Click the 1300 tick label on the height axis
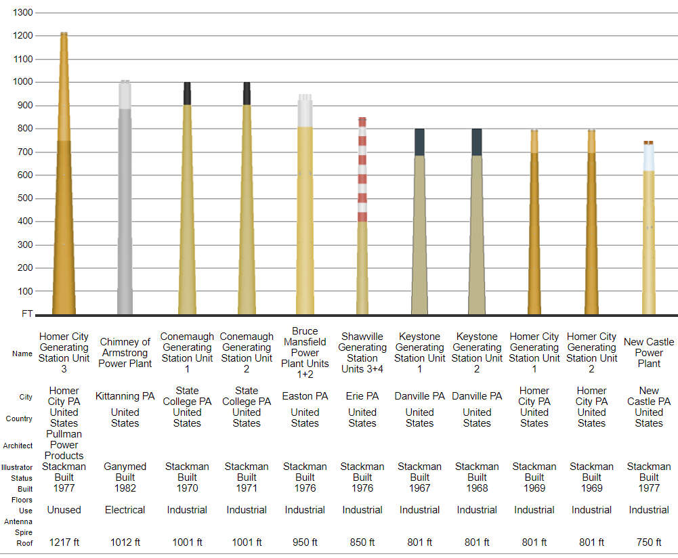pyautogui.click(x=22, y=13)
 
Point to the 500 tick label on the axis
pyautogui.click(x=25, y=198)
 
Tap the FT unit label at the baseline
pyautogui.click(x=27, y=314)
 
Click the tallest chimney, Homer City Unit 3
pyautogui.click(x=64, y=203)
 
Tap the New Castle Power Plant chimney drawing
pyautogui.click(x=649, y=237)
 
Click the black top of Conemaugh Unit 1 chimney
pyautogui.click(x=188, y=93)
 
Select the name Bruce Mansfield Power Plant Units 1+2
pyautogui.click(x=305, y=353)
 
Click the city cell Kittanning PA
pyautogui.click(x=125, y=396)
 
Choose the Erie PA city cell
pyautogui.click(x=362, y=396)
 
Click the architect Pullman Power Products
pyautogui.click(x=64, y=445)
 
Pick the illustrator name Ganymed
pyautogui.click(x=125, y=467)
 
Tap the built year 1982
pyautogui.click(x=125, y=488)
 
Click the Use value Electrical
pyautogui.click(x=125, y=510)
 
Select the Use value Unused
pyautogui.click(x=64, y=510)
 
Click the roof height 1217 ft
pyautogui.click(x=64, y=542)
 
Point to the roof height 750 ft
pyautogui.click(x=649, y=542)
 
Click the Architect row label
pyautogui.click(x=18, y=446)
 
